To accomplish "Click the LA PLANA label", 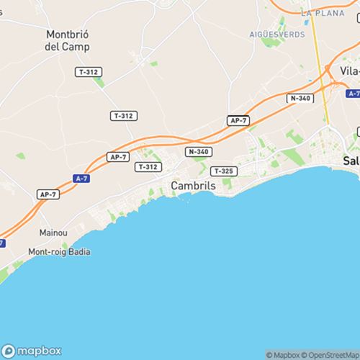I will coord(318,13).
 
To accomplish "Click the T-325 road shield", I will coord(222,171).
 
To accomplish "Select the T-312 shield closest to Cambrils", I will coord(147,166).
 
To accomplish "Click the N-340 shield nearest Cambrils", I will coord(198,151).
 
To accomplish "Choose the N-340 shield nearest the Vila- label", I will coord(300,98).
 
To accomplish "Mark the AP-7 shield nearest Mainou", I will coord(48,194).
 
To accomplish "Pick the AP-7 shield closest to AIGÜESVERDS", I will coord(238,120).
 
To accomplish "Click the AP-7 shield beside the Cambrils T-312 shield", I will coord(117,156).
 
